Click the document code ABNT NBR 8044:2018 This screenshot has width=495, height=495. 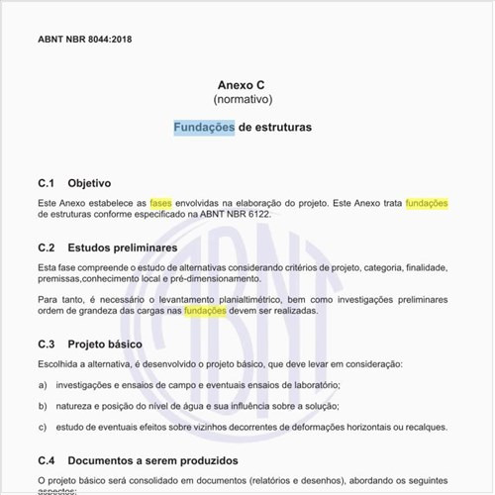[x=84, y=40]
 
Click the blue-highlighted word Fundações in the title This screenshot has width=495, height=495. [x=204, y=128]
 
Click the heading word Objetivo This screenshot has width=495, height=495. [x=89, y=183]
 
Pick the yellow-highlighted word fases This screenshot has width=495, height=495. [x=160, y=203]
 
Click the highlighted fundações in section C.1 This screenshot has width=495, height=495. [x=428, y=203]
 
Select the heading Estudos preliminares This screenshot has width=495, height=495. [x=123, y=247]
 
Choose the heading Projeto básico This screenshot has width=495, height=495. [x=105, y=345]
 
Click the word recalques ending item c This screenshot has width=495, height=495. [x=424, y=428]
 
